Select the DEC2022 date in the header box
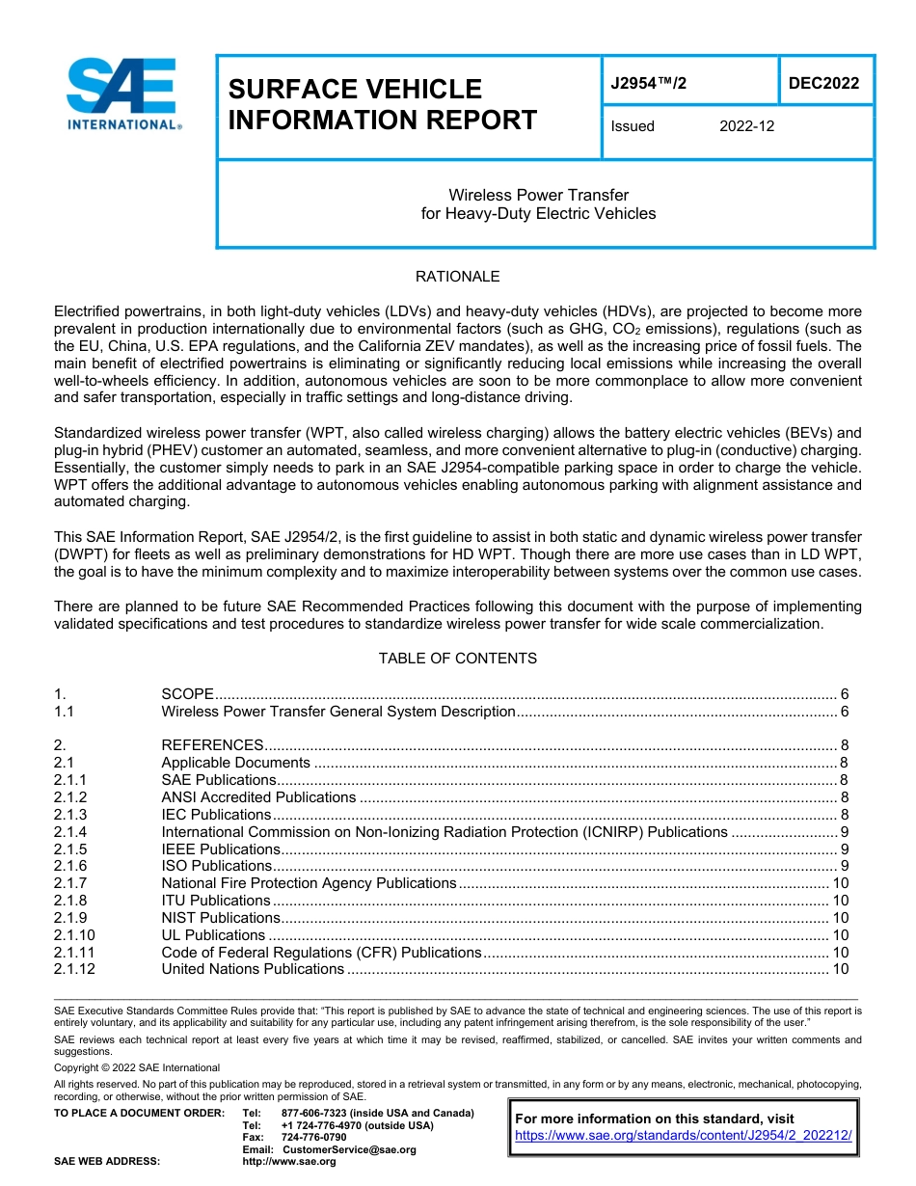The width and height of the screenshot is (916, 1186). point(823,84)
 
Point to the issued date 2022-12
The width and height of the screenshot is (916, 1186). point(746,126)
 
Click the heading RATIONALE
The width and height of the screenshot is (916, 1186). point(457,277)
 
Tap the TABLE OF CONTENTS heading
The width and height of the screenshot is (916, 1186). point(457,659)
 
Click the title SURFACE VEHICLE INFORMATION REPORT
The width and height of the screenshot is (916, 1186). point(382,104)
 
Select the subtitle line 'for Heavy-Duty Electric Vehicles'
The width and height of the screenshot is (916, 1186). point(538,214)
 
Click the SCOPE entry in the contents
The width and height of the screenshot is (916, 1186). point(187,694)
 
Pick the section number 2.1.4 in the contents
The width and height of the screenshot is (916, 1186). point(70,832)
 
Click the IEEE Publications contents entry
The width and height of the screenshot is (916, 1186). point(221,849)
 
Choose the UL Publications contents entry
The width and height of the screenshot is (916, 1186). point(213,935)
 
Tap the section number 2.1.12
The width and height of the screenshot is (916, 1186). point(74,969)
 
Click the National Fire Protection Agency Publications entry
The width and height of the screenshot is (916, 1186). point(309,883)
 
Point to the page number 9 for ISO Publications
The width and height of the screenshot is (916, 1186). point(844,866)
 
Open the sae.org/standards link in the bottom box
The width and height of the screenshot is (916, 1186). point(684,1136)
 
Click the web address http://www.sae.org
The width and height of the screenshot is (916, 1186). point(289,1161)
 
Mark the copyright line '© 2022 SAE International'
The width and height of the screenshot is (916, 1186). point(137,1067)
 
